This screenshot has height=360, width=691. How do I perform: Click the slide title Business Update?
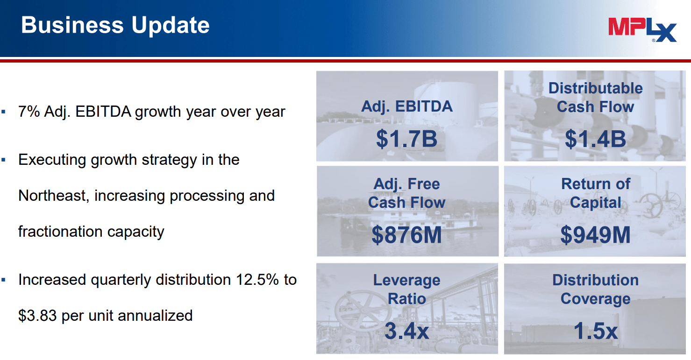[115, 25]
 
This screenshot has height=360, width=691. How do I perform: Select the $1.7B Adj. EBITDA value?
[406, 139]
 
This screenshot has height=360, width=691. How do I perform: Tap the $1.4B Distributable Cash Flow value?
[595, 139]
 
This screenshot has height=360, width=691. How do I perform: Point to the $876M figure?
[406, 234]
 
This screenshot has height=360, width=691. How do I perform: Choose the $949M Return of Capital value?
[595, 234]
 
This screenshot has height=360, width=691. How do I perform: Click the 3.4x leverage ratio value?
[406, 331]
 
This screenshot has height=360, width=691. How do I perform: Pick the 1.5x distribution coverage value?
[595, 331]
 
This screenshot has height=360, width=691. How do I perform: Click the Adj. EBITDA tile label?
[406, 106]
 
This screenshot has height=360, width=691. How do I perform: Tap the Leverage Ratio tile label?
[406, 289]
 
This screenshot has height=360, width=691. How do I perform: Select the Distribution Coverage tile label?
[595, 289]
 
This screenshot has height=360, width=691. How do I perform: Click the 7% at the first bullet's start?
[29, 112]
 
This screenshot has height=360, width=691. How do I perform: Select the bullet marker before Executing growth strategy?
[4, 160]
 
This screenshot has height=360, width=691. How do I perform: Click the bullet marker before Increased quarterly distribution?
[4, 280]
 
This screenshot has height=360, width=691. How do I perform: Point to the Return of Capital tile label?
[595, 193]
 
